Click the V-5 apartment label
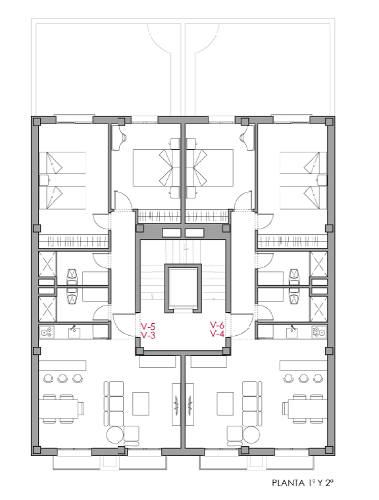pyautogui.click(x=148, y=327)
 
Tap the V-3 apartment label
pyautogui.click(x=148, y=336)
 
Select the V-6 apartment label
pyautogui.click(x=217, y=325)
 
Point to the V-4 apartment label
pyautogui.click(x=217, y=334)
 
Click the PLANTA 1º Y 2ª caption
pyautogui.click(x=303, y=483)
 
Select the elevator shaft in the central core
pyautogui.click(x=183, y=288)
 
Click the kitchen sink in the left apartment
pyautogui.click(x=74, y=332)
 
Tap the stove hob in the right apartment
pyautogui.click(x=319, y=332)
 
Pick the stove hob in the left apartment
pyautogui.click(x=47, y=332)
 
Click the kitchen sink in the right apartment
pyautogui.click(x=292, y=332)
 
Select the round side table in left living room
pyautogui.click(x=114, y=435)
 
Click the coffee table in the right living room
pyautogui.click(x=225, y=403)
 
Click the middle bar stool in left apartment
pyautogui.click(x=63, y=378)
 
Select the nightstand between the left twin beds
pyautogui.click(x=43, y=179)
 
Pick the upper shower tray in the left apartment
pyautogui.click(x=47, y=264)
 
